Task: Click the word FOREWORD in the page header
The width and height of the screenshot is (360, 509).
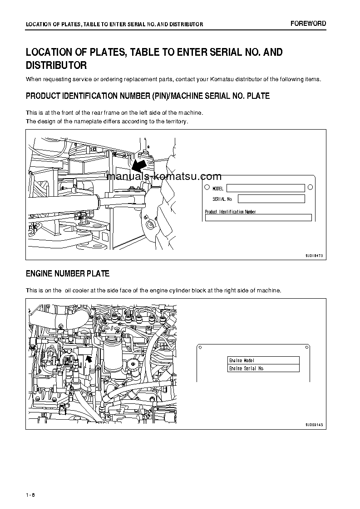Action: pyautogui.click(x=308, y=24)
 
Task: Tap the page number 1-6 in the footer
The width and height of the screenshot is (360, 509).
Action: pyautogui.click(x=30, y=494)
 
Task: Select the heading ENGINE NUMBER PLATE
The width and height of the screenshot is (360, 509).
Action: pyautogui.click(x=68, y=274)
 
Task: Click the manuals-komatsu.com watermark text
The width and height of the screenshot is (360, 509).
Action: pyautogui.click(x=164, y=177)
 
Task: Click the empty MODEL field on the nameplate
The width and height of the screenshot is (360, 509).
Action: pyautogui.click(x=266, y=188)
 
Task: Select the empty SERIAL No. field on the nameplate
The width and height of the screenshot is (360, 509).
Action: pyautogui.click(x=271, y=199)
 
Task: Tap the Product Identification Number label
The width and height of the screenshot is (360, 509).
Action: pyautogui.click(x=230, y=212)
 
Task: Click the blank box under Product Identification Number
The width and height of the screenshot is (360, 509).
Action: pyautogui.click(x=258, y=218)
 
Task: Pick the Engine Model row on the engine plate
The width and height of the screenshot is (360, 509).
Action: pyautogui.click(x=263, y=360)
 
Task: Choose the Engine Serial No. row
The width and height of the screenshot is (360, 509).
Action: pyautogui.click(x=263, y=368)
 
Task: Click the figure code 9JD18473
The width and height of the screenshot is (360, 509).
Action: pyautogui.click(x=314, y=256)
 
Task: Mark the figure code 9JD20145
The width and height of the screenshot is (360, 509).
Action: pyautogui.click(x=314, y=425)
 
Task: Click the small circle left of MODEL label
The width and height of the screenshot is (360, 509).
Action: pyautogui.click(x=207, y=187)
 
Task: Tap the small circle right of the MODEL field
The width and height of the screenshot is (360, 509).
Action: pyautogui.click(x=310, y=187)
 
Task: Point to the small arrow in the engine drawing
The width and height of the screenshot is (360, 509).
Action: pyautogui.click(x=89, y=359)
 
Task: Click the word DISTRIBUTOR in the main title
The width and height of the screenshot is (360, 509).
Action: pyautogui.click(x=56, y=65)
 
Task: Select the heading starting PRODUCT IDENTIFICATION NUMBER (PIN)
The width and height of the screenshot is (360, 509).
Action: pyautogui.click(x=148, y=96)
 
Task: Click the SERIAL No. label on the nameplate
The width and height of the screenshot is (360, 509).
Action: pyautogui.click(x=222, y=199)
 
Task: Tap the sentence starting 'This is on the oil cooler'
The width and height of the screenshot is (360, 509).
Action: pyautogui.click(x=153, y=291)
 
